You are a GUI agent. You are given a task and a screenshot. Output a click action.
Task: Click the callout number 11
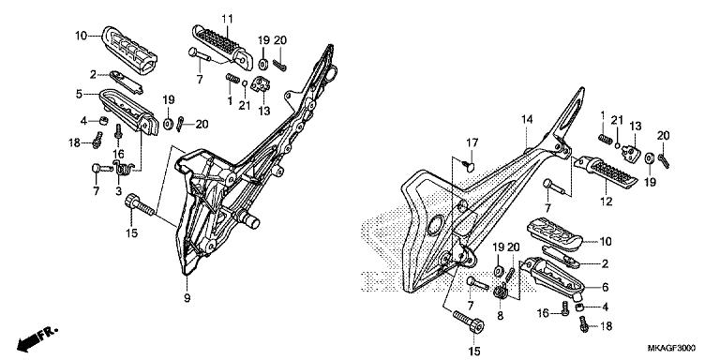226,20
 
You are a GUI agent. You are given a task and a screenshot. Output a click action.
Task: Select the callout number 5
81,93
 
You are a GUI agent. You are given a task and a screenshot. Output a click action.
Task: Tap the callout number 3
118,190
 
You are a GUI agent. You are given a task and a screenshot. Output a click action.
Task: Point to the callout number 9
187,298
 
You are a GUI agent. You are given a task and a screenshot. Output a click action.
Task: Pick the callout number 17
473,142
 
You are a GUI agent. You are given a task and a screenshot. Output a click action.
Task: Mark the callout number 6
605,288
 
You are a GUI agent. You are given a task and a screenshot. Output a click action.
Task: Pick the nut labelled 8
499,292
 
